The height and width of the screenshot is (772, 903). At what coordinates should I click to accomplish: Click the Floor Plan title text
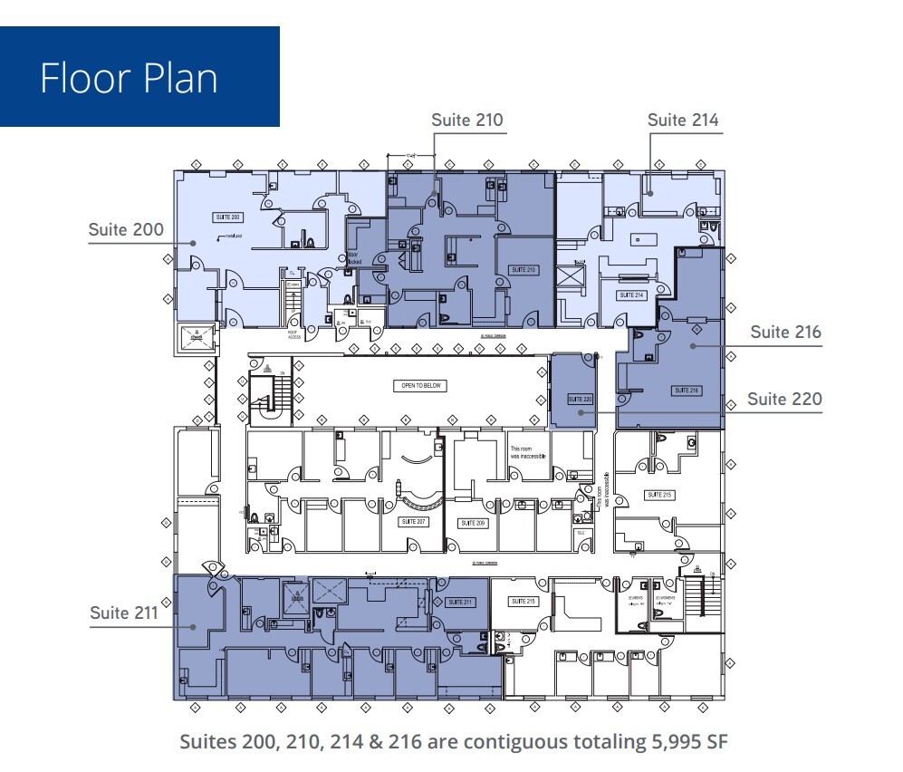(x=129, y=78)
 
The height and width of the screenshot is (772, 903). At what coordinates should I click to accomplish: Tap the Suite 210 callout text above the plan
(x=466, y=120)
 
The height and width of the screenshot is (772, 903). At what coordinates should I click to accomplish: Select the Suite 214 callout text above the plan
(x=683, y=120)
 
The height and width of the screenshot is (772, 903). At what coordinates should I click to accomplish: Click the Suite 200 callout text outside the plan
(x=126, y=229)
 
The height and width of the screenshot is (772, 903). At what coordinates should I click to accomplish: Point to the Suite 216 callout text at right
(x=785, y=332)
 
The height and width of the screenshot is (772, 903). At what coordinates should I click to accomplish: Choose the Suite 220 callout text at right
(x=785, y=399)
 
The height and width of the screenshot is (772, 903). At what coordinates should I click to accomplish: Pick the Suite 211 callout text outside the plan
(x=124, y=613)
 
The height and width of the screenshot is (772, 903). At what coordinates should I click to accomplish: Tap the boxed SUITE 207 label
(x=412, y=523)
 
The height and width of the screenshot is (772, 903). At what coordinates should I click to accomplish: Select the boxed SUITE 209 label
(x=473, y=523)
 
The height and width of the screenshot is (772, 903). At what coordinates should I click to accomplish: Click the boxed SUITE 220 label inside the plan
(x=579, y=399)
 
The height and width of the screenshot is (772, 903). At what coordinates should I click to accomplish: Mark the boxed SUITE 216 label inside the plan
(x=686, y=390)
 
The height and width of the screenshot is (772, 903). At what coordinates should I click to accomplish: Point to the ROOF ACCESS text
(x=293, y=333)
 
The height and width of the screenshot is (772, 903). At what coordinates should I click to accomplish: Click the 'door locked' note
(x=353, y=257)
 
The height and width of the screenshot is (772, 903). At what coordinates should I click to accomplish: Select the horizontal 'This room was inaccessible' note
(x=527, y=452)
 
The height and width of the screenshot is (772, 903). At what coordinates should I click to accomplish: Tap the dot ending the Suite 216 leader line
(x=693, y=345)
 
